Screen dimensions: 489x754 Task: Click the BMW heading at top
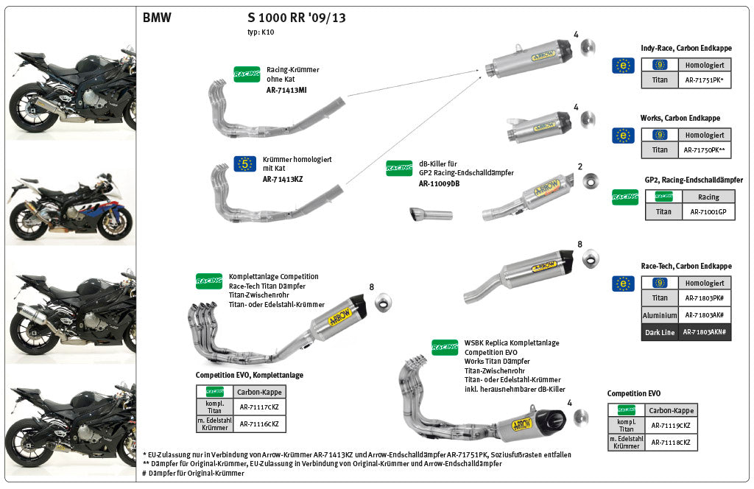point(157,18)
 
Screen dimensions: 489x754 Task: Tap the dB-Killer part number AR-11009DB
point(439,183)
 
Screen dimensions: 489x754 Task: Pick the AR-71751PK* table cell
point(705,81)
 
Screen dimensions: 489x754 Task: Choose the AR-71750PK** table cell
point(705,150)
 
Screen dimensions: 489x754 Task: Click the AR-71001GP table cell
point(708,212)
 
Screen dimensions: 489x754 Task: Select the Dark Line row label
point(660,332)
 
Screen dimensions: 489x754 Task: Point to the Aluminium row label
point(660,315)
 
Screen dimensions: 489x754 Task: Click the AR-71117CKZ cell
point(259,407)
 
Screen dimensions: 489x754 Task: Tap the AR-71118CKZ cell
point(670,443)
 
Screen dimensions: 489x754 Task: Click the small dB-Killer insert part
point(431,214)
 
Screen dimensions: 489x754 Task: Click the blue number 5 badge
point(244,163)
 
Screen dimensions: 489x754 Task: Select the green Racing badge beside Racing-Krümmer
point(247,74)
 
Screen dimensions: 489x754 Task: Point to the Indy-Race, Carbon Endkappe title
point(680,48)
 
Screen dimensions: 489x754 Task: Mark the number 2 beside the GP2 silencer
point(580,166)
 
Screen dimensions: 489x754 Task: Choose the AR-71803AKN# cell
point(705,332)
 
